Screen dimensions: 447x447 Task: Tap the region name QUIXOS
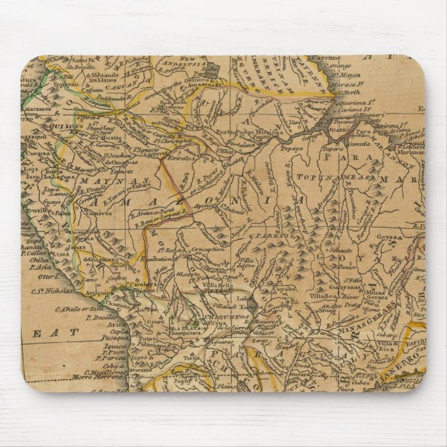coord(77,126)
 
